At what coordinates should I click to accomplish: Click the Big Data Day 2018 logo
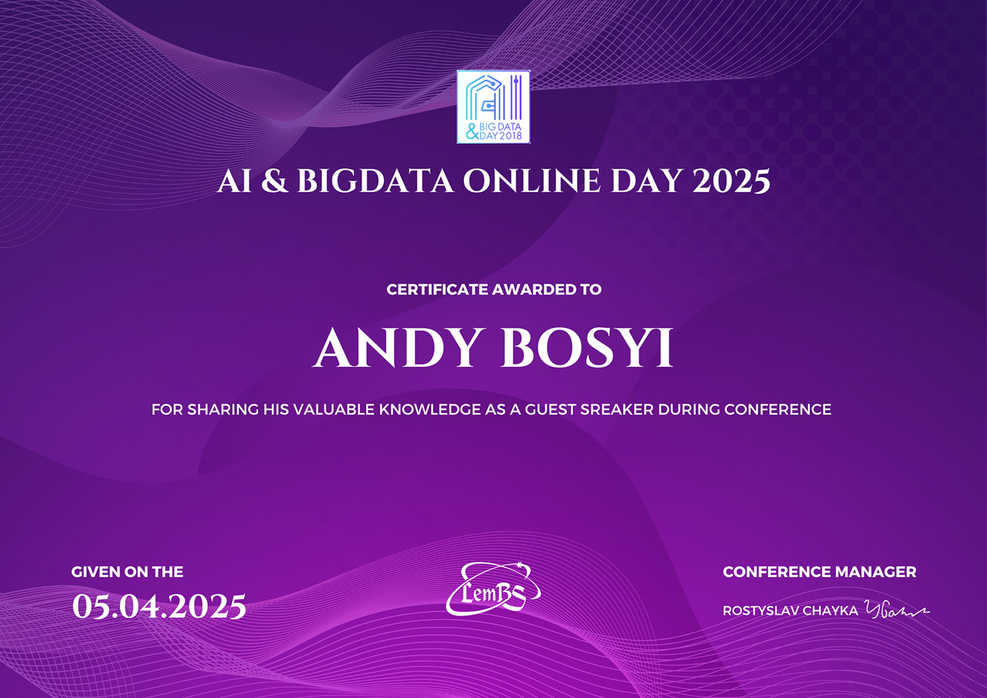point(493,107)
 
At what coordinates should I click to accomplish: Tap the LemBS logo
point(493,590)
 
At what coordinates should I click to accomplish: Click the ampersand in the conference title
point(275,181)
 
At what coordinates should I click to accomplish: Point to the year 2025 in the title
point(731,181)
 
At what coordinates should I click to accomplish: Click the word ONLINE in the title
point(531,181)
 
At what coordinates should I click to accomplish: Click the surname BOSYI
point(586,348)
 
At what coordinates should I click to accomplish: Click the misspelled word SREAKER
point(617,410)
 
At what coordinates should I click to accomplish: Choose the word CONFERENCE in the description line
point(777,410)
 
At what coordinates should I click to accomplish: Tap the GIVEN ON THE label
point(127,572)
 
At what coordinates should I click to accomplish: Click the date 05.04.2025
point(159,607)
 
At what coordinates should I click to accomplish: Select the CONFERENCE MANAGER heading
point(819,572)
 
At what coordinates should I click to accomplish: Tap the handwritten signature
point(897,610)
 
